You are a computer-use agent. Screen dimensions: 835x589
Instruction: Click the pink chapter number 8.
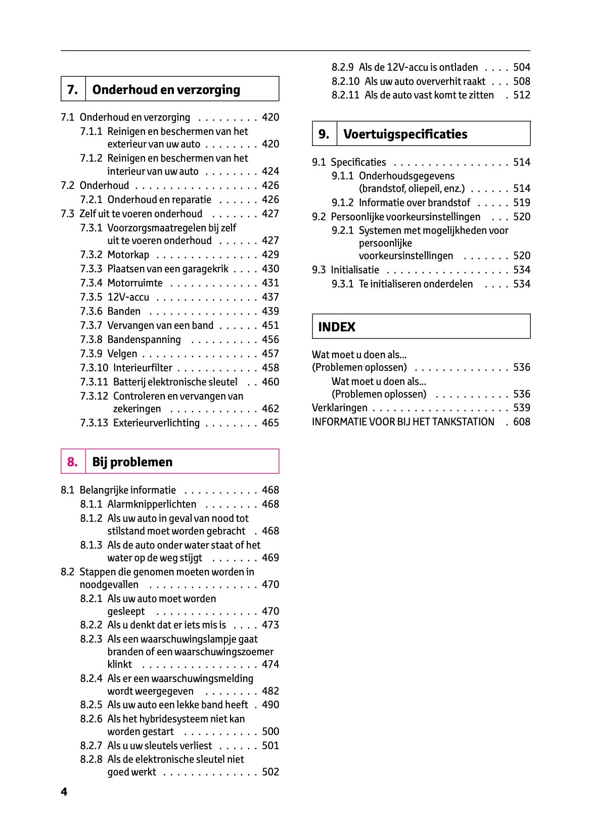72,462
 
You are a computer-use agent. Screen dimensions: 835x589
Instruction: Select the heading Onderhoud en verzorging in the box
166,89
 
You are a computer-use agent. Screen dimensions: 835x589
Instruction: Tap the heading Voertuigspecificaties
405,134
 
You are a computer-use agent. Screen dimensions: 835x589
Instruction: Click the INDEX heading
337,327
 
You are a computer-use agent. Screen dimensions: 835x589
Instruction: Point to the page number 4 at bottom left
64,792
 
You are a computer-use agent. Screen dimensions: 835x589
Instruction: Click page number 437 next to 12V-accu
270,297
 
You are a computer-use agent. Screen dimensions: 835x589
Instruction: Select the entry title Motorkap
128,255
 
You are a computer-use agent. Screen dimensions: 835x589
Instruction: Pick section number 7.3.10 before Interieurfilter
94,368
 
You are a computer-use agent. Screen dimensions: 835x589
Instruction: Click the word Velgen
122,354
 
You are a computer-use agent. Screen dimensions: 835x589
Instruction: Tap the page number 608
522,422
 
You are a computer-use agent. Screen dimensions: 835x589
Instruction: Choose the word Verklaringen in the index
339,408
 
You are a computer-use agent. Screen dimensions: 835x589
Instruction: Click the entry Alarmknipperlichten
152,504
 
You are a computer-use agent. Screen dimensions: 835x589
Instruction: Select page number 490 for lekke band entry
270,705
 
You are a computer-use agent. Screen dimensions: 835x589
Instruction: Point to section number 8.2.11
346,95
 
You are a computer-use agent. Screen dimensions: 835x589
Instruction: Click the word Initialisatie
354,270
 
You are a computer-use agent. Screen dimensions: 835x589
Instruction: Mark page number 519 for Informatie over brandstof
522,203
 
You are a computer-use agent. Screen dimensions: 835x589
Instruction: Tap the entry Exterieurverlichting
156,423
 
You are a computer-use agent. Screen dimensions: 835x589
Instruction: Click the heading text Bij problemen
132,462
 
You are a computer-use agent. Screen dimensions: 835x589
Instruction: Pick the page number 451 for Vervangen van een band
270,325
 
